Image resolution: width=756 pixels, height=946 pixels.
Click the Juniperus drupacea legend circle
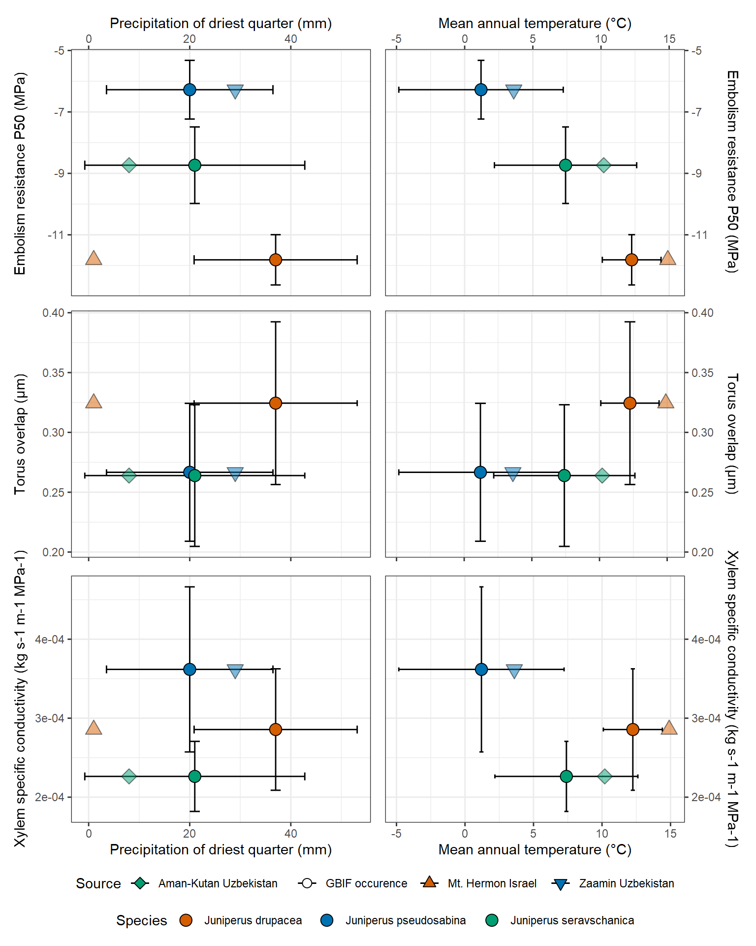pos(186,920)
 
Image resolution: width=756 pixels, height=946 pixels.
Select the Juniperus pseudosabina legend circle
pos(327,920)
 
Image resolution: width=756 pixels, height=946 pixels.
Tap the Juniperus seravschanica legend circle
pos(492,920)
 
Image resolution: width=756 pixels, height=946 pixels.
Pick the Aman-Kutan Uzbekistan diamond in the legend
pos(140,883)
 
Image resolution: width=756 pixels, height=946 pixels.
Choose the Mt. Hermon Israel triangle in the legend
pos(430,883)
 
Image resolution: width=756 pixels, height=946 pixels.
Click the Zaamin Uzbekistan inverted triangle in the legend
pos(561,884)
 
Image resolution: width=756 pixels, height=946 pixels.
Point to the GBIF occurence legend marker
pos(307,883)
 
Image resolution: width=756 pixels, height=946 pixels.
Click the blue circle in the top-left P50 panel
pos(189,90)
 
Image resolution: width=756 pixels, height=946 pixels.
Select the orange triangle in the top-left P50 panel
pos(94,258)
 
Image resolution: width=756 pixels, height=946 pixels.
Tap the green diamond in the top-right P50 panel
pos(603,165)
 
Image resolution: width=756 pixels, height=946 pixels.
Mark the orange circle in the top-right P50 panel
pos(631,260)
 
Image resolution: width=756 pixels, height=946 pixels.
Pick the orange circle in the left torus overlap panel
pos(276,403)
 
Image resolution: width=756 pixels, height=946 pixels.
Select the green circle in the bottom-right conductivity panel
pos(567,777)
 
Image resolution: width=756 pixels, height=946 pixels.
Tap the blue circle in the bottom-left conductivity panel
pos(189,669)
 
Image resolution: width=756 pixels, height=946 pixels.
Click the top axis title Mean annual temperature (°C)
pos(535,23)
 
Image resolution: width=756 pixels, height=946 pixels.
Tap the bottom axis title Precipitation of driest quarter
pos(220,850)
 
